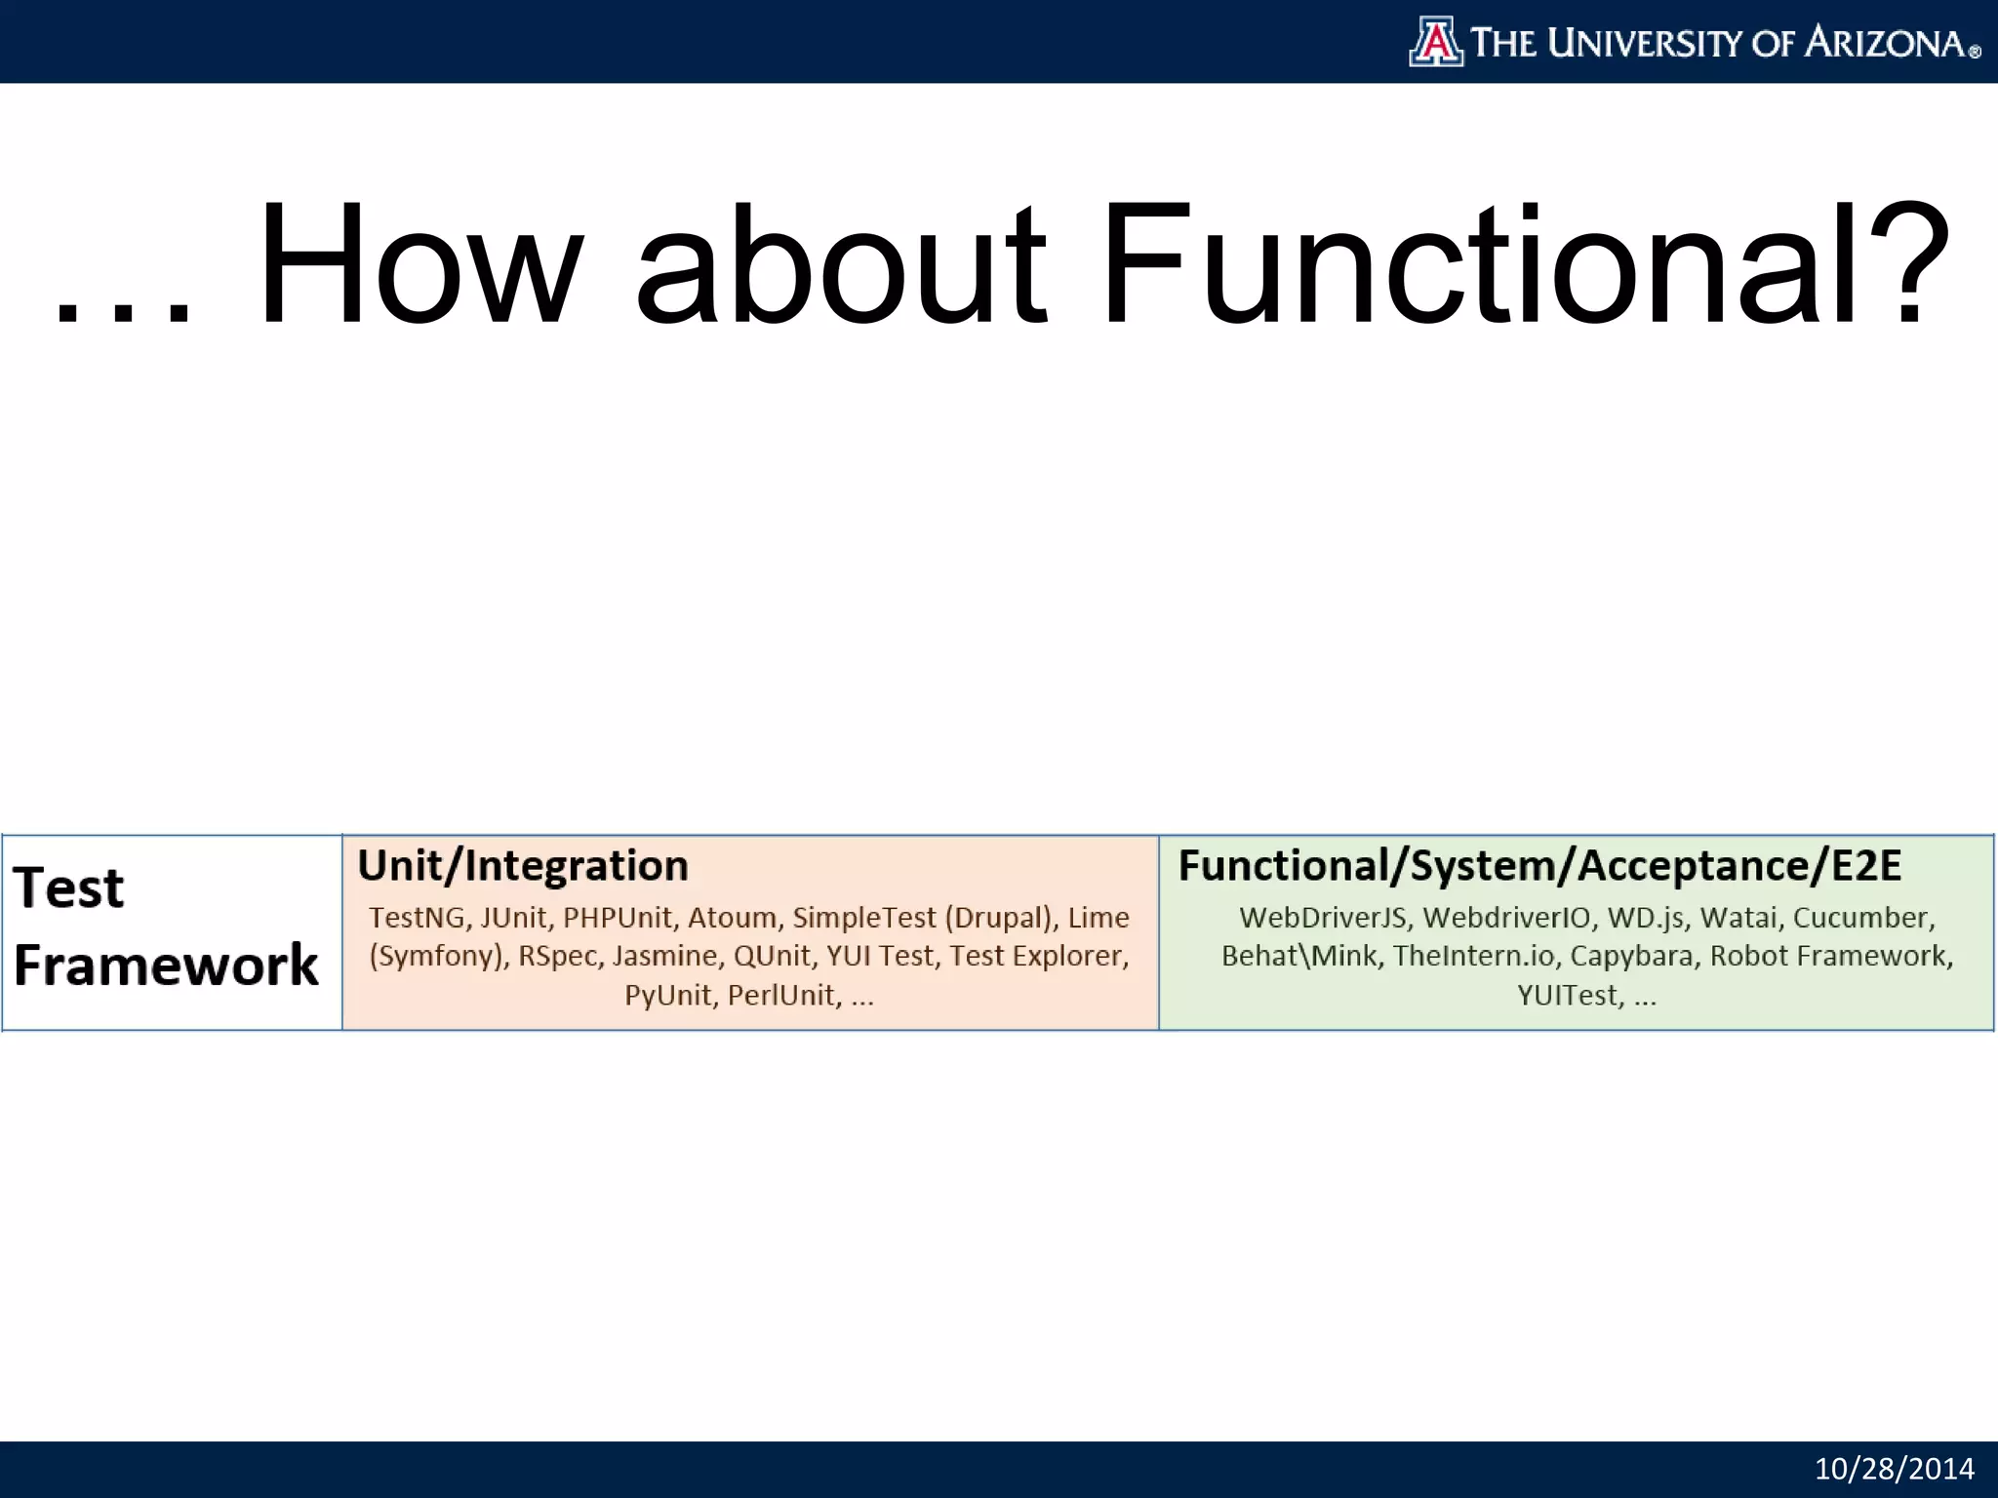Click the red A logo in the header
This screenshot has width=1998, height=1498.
(1435, 42)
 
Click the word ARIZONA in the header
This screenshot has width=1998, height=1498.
(1884, 43)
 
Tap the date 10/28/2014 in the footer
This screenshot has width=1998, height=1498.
(1894, 1469)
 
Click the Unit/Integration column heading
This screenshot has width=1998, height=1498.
(523, 866)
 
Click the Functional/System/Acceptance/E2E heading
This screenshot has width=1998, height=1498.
(1539, 866)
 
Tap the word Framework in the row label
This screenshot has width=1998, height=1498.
(166, 966)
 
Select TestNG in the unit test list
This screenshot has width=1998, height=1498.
(417, 918)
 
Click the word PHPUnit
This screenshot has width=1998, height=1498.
(617, 918)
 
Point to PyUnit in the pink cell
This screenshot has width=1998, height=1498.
(667, 996)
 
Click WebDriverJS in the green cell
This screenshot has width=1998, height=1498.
(1322, 918)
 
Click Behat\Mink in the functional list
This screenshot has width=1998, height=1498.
(1299, 956)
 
